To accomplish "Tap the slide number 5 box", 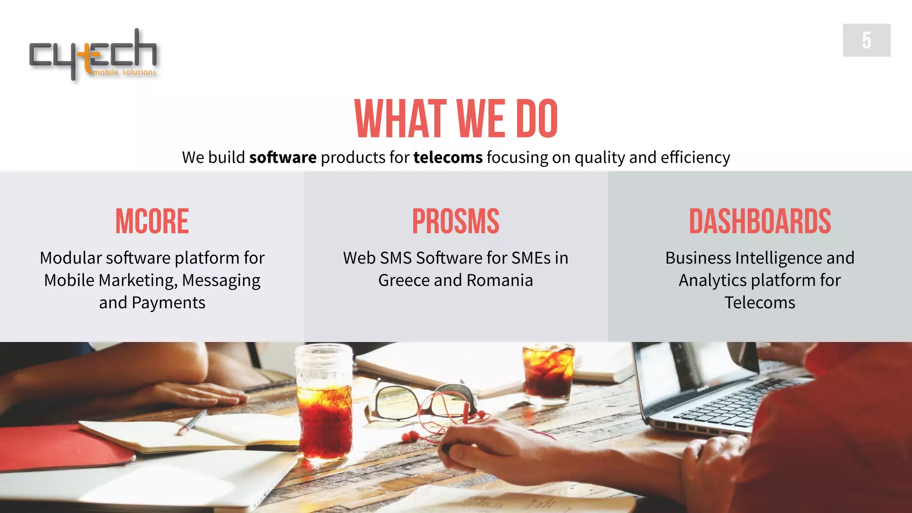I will (866, 40).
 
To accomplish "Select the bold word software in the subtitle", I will (283, 158).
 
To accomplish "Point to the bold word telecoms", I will (448, 158).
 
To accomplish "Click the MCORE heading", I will (152, 221).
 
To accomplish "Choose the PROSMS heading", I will (456, 221).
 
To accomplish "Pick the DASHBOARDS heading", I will (760, 221).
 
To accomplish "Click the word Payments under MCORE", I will (168, 303).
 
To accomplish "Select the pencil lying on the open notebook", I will (192, 421).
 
